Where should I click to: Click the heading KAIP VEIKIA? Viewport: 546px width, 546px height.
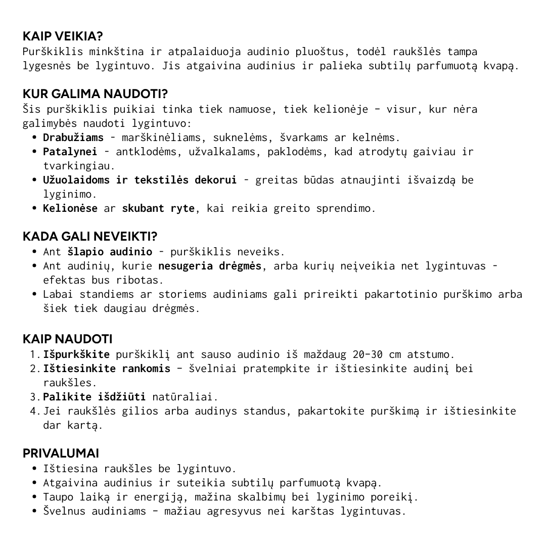point(63,36)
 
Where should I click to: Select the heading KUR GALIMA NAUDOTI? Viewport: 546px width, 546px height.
point(95,94)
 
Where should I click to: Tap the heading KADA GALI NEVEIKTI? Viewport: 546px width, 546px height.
point(90,237)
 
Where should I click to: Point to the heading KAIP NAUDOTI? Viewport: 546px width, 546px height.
point(68,339)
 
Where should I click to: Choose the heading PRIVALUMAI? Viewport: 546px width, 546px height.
point(61,453)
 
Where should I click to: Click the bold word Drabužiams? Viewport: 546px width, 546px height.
point(73,138)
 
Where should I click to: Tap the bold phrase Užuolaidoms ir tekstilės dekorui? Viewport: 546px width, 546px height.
point(140,180)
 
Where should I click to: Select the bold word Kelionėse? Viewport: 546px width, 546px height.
point(70,208)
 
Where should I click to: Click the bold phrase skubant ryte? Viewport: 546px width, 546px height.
point(158,208)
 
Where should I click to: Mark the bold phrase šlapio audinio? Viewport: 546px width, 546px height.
point(110,252)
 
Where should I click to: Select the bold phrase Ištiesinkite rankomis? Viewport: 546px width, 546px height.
point(107,369)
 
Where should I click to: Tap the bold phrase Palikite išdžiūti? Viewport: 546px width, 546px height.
point(95,397)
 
